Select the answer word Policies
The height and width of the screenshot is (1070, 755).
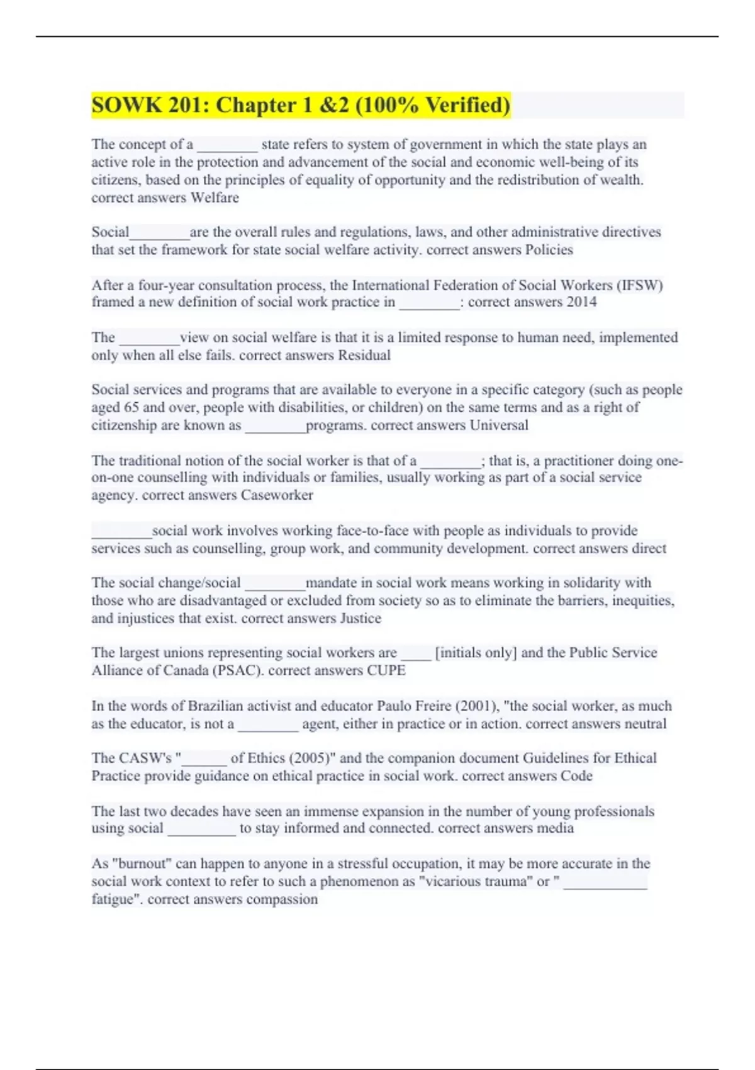point(549,250)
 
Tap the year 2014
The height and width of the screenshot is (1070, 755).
point(581,302)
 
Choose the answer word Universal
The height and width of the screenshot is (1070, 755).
point(499,425)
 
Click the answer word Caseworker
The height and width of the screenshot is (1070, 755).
point(277,495)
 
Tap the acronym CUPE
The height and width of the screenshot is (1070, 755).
point(386,670)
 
